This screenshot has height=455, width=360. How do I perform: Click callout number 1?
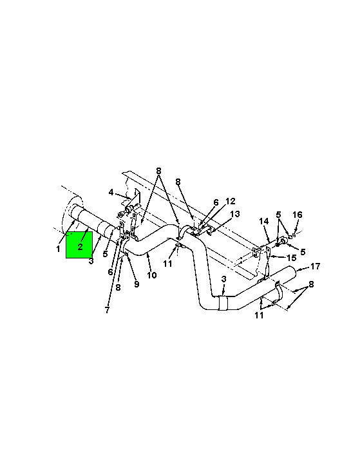pyautogui.click(x=58, y=249)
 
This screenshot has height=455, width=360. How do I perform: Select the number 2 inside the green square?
pyautogui.click(x=80, y=247)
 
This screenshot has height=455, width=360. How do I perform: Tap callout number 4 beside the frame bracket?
pyautogui.click(x=111, y=193)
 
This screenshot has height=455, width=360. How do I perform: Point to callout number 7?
pyautogui.click(x=108, y=310)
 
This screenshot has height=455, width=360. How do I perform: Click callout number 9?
pyautogui.click(x=137, y=284)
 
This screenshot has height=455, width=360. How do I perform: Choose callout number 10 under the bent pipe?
pyautogui.click(x=152, y=275)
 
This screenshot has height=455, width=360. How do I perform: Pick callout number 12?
pyautogui.click(x=231, y=201)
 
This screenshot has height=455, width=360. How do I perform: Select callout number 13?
pyautogui.click(x=235, y=214)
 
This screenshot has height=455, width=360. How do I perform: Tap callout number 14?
pyautogui.click(x=264, y=222)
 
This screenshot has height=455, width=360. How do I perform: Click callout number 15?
pyautogui.click(x=292, y=258)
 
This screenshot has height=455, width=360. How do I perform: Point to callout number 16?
pyautogui.click(x=298, y=215)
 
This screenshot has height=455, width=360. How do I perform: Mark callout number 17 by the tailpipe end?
pyautogui.click(x=315, y=266)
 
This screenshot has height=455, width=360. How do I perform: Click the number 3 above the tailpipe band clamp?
pyautogui.click(x=223, y=279)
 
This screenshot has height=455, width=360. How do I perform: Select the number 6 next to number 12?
pyautogui.click(x=216, y=202)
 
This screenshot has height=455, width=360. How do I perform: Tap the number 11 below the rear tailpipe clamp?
pyautogui.click(x=259, y=315)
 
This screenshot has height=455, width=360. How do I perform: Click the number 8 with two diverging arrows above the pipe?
pyautogui.click(x=158, y=171)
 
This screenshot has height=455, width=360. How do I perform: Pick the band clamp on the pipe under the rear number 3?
pyautogui.click(x=223, y=303)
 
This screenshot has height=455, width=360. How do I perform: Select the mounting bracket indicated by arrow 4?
pyautogui.click(x=133, y=201)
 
